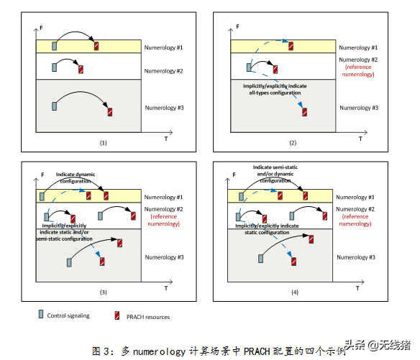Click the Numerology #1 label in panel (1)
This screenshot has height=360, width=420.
coord(163,47)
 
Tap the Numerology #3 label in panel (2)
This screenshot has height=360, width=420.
coord(359,108)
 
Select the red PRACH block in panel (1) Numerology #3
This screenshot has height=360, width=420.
coord(110,112)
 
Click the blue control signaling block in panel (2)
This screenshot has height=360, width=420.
coord(249,67)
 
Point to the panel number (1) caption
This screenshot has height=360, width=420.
coord(103,143)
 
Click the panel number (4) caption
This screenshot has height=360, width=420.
coord(295,292)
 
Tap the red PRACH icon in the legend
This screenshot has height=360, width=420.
coord(117,315)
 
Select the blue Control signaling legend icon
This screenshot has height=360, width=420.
coord(41,314)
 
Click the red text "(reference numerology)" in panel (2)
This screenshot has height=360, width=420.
coord(358,70)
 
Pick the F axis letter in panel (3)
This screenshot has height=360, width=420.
coord(42,175)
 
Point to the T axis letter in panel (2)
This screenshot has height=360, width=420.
coord(360,139)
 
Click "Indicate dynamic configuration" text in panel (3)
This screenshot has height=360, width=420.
coord(76,177)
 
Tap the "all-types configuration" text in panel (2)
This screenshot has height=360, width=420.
coord(275,93)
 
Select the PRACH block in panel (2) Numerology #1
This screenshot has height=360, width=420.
coord(291,46)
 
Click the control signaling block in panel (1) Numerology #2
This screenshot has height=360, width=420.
coord(55,67)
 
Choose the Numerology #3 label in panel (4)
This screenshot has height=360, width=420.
coord(356,257)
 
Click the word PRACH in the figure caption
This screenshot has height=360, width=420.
coord(257,351)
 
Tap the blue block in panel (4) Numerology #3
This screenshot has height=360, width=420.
coord(260,259)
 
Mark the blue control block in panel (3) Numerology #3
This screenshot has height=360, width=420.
coord(69,262)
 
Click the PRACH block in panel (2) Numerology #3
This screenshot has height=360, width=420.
coord(304,112)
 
